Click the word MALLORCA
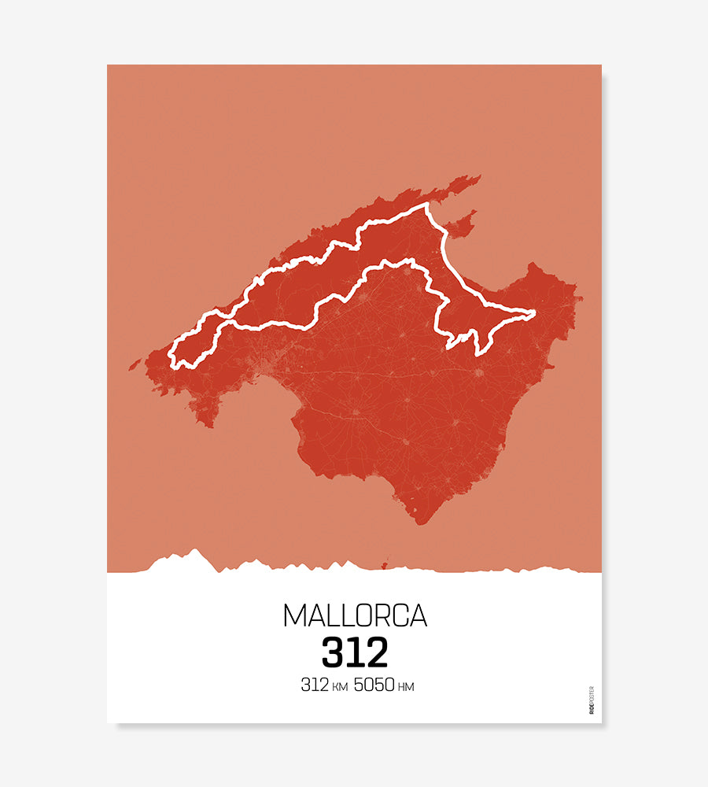(355, 615)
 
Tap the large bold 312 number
(355, 652)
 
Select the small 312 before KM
(314, 685)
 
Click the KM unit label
(339, 687)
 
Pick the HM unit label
(406, 687)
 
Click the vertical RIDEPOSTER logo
(592, 700)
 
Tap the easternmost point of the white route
(535, 313)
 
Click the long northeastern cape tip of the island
(478, 178)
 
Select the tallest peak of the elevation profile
(194, 551)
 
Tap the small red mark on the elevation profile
(385, 563)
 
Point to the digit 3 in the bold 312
(333, 652)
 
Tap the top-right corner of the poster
(601, 65)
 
